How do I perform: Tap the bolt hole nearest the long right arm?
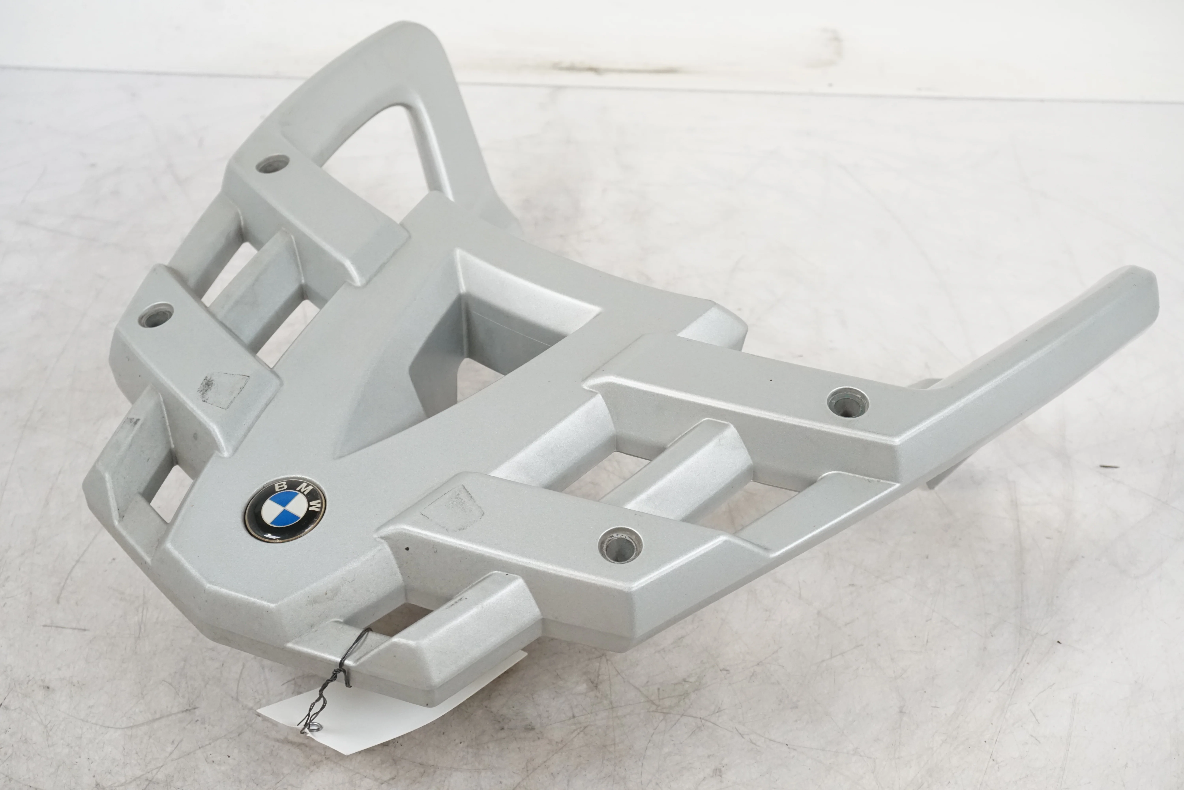pos(848,402)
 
